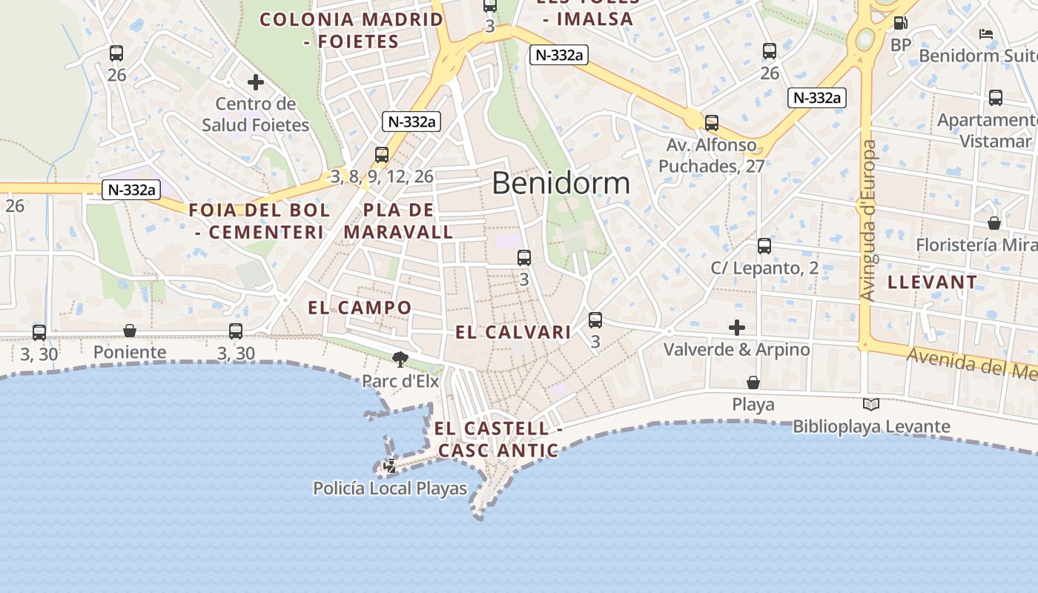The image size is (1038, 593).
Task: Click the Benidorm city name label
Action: click(x=561, y=183)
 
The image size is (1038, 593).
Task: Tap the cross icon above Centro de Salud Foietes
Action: click(x=256, y=82)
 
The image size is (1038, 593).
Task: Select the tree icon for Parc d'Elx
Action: click(x=400, y=360)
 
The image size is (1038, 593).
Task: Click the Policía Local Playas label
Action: click(x=390, y=488)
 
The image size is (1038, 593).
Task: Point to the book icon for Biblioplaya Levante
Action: click(x=871, y=404)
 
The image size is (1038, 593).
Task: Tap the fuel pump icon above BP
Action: click(x=900, y=24)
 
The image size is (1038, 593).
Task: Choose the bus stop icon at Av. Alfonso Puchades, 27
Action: click(x=712, y=123)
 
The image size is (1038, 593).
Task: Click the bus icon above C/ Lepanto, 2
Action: click(x=764, y=246)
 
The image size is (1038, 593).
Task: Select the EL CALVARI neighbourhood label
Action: click(x=513, y=332)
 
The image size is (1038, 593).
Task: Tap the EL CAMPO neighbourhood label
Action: click(x=360, y=308)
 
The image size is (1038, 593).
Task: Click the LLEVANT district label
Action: click(x=932, y=282)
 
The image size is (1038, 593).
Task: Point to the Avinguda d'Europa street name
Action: click(x=868, y=220)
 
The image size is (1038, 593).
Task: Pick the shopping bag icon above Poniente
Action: click(x=130, y=331)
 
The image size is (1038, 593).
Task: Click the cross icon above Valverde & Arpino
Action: click(x=737, y=328)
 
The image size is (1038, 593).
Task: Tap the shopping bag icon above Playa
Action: click(x=753, y=382)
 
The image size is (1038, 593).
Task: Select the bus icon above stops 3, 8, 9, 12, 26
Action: click(x=382, y=155)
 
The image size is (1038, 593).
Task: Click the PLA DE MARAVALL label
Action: click(x=399, y=221)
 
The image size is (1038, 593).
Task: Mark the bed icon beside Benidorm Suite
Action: click(x=986, y=34)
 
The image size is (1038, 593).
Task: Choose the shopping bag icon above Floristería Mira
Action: click(x=994, y=223)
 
